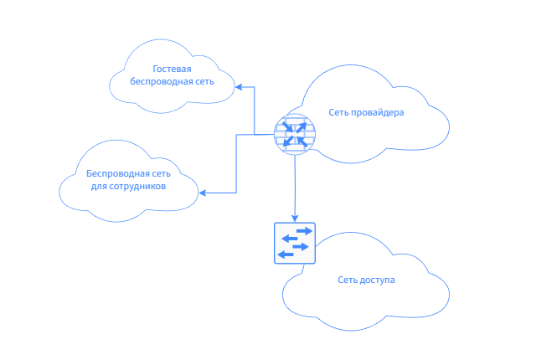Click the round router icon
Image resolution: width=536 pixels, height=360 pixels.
pyautogui.click(x=294, y=134)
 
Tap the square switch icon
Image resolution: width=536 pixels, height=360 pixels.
pyautogui.click(x=295, y=243)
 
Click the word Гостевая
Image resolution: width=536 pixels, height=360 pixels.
pyautogui.click(x=173, y=69)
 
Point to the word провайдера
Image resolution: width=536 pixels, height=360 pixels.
pyautogui.click(x=378, y=112)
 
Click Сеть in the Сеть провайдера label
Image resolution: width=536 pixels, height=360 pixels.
pyautogui.click(x=338, y=112)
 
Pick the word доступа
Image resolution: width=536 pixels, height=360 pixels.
pyautogui.click(x=376, y=280)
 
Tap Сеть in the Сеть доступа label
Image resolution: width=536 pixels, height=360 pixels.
pyautogui.click(x=347, y=280)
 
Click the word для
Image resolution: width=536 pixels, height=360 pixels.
pyautogui.click(x=99, y=187)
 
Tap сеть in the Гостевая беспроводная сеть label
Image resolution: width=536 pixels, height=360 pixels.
pyautogui.click(x=204, y=82)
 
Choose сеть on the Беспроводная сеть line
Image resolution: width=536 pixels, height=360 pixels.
pyautogui.click(x=162, y=173)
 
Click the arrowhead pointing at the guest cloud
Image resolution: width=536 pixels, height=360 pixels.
pyautogui.click(x=238, y=86)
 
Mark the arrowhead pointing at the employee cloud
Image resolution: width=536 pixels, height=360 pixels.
pyautogui.click(x=202, y=193)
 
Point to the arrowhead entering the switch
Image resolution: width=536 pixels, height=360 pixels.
pyautogui.click(x=295, y=219)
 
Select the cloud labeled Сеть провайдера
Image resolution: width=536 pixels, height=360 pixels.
pyautogui.click(x=377, y=134)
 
